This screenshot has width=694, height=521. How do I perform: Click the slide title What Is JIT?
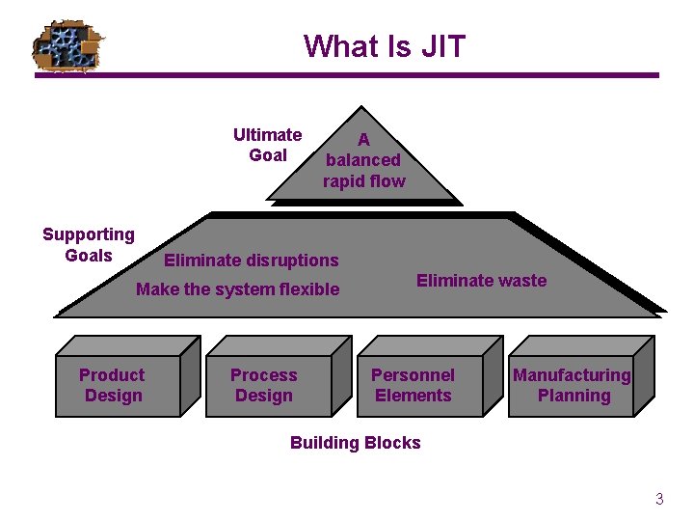(x=384, y=46)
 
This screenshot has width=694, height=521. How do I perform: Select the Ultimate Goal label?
(x=267, y=145)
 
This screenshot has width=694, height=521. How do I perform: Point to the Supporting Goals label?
(x=89, y=245)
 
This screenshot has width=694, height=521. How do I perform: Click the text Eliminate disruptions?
(x=252, y=260)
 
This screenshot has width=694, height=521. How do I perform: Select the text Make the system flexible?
(x=238, y=289)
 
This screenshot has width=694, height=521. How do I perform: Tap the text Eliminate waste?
(x=481, y=281)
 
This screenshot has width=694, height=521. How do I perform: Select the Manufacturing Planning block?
(x=572, y=386)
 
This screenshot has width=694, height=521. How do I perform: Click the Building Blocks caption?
(x=356, y=443)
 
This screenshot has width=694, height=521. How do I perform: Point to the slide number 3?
(x=659, y=500)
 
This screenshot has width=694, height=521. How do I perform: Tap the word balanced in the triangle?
(x=363, y=160)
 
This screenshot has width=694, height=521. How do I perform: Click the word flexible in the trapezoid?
(x=306, y=289)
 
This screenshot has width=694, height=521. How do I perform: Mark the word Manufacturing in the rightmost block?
(x=572, y=375)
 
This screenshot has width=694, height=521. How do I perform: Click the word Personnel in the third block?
(x=413, y=375)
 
